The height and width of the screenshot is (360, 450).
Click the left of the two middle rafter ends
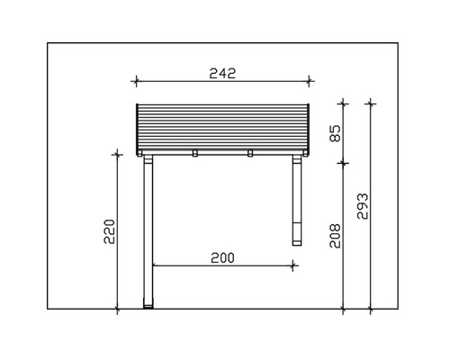pos(195,153)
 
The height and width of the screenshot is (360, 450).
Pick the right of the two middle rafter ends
pos(249,153)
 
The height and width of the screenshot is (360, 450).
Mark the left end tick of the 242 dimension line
pos(136,82)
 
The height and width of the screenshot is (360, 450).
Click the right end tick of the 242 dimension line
pos(310,82)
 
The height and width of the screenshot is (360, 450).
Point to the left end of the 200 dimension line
pos(154,265)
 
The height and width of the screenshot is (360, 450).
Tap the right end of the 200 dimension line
pos(294,265)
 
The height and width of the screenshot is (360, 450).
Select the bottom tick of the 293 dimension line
pos(372,310)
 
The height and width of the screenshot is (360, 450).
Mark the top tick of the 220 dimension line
pos(117,154)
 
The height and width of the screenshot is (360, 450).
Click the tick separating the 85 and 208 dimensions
pos(344,163)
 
